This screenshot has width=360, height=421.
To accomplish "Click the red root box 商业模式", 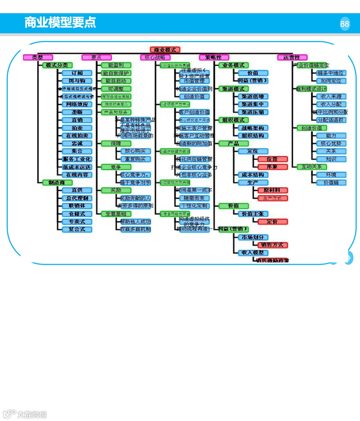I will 165,50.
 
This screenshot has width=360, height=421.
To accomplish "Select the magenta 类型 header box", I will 38,57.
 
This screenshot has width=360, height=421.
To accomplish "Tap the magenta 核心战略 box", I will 155,57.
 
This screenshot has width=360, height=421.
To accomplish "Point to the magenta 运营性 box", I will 292,57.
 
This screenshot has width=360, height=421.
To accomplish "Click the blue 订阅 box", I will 77,73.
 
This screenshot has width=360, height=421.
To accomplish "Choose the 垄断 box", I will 77,112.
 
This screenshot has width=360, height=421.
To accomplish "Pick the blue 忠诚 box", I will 77,143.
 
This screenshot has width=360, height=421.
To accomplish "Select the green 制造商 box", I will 57,182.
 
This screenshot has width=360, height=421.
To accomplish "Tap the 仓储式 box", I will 77,214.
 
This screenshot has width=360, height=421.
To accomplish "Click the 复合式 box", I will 77,229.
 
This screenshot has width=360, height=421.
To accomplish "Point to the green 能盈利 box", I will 116,65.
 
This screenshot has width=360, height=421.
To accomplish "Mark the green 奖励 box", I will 116,190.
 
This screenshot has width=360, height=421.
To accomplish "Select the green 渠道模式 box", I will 233,89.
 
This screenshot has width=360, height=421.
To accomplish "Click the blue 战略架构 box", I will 253,128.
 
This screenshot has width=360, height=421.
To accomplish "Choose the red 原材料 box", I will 272,190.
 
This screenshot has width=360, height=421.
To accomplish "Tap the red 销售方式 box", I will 272,245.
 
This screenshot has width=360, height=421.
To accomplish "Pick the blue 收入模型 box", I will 253,253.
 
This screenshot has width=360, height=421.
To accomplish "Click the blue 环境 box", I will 331,175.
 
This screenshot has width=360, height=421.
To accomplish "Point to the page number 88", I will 345,24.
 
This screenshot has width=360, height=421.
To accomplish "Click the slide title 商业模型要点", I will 60,22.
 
